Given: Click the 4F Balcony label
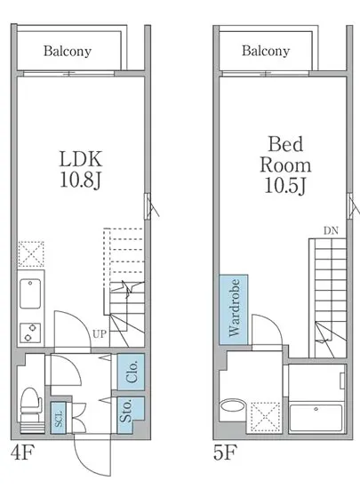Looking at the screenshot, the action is [x=68, y=52].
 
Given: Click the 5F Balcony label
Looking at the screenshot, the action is [x=266, y=51].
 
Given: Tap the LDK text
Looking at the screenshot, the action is [x=81, y=159].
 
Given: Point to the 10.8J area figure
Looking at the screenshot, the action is [x=81, y=180].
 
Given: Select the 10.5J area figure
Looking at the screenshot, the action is [x=285, y=185].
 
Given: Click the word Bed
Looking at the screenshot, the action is [x=285, y=144].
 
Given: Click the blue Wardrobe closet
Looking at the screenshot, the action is [x=234, y=309].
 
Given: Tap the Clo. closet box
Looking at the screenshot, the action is [x=132, y=372].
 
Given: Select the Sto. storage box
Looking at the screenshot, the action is [x=131, y=414].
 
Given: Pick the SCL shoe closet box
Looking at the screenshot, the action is [x=59, y=418].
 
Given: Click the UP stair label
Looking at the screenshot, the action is [x=100, y=334].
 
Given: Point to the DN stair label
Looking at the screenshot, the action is [x=331, y=231].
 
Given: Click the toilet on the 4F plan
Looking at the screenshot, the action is [x=31, y=409].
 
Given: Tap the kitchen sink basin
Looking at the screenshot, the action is [x=30, y=293].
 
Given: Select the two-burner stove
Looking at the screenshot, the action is [x=30, y=333].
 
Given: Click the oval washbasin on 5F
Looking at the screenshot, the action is [x=233, y=406].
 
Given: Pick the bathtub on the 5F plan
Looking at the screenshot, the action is [x=316, y=418].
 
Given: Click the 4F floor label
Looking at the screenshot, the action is [x=22, y=453].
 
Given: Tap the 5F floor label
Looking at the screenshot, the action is [x=225, y=453].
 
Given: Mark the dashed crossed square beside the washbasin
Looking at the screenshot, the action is [x=266, y=417].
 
